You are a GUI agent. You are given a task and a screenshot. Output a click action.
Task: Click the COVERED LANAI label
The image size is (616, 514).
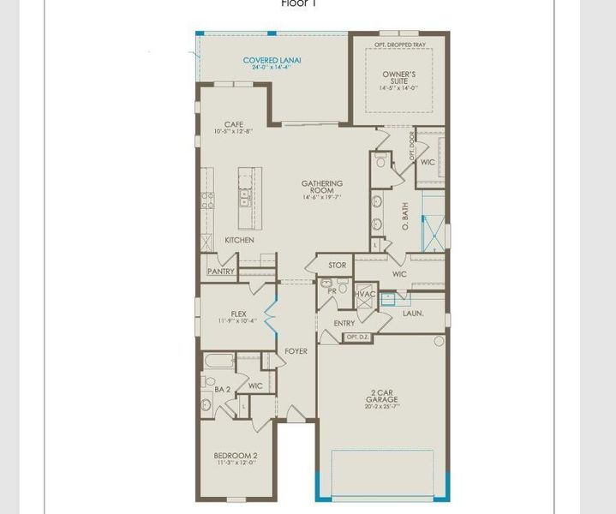[x=272, y=61]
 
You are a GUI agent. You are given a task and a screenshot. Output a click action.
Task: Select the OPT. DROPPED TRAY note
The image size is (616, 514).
[x=398, y=44]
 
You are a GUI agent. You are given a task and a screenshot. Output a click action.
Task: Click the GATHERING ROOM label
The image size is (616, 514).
[x=321, y=187]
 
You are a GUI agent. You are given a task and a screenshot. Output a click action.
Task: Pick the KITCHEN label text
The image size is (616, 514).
[x=239, y=240]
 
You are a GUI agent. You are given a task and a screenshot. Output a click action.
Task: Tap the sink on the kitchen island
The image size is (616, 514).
[x=245, y=198]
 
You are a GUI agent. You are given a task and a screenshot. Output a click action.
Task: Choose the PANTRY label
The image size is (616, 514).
[x=220, y=272]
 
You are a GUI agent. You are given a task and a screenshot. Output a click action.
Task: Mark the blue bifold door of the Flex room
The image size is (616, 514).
[x=272, y=313]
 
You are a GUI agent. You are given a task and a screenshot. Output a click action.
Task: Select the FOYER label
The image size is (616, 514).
[x=296, y=351]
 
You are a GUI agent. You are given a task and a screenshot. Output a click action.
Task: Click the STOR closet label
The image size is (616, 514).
[x=338, y=266]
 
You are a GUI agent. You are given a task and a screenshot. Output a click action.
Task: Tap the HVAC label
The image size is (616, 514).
[x=366, y=294]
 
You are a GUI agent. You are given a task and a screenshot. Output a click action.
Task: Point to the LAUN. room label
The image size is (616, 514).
[x=413, y=314]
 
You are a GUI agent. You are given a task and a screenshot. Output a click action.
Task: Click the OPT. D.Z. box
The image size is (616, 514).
[x=356, y=338]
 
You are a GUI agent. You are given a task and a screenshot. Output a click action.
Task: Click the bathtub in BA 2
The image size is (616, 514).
[x=218, y=362]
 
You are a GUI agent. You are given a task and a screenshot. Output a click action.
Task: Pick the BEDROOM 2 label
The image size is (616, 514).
[x=236, y=456]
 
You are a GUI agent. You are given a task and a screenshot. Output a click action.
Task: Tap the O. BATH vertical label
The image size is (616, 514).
[x=405, y=218]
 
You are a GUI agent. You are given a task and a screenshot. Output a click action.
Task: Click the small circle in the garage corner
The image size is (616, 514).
[x=439, y=341]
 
